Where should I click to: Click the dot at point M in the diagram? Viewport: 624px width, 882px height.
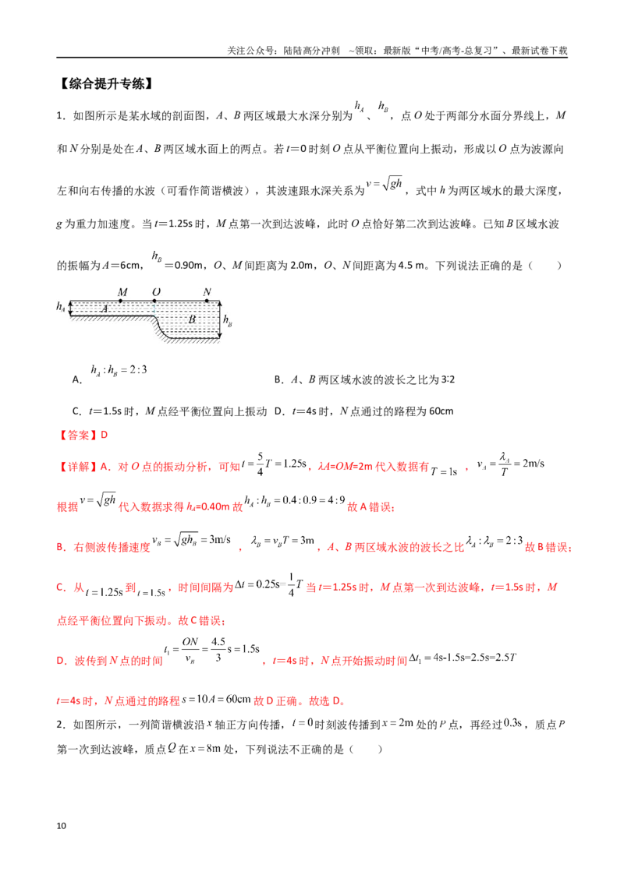coord(121,301)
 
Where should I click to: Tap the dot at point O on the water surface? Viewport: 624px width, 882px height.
coord(155,301)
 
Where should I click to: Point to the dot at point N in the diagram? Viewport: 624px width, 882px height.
coord(207,301)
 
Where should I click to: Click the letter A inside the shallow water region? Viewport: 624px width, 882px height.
coord(105,309)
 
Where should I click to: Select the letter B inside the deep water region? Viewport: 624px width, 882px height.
coord(192,319)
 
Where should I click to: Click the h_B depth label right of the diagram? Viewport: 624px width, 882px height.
coord(228,321)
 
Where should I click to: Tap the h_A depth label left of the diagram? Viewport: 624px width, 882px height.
coord(61,306)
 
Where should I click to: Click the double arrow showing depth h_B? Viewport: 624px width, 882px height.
coord(220,320)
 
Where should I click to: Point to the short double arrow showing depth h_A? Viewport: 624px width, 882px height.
coord(70,308)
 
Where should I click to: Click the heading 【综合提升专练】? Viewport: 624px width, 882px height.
coord(106,84)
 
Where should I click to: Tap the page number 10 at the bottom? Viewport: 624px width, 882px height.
coord(62,826)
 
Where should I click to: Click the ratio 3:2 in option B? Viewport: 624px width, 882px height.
coord(448,379)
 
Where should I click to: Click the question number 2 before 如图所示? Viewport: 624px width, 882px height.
coord(60,725)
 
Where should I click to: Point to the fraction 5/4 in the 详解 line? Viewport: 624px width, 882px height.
coord(261,464)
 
